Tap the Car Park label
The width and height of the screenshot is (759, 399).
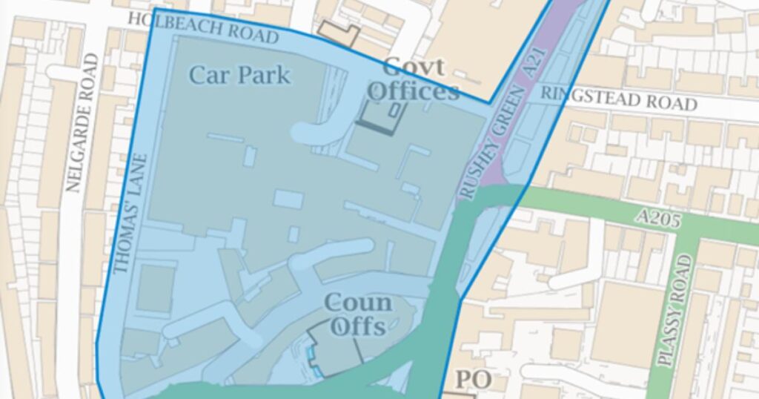(239, 75)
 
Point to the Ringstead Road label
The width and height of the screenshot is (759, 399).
(618, 98)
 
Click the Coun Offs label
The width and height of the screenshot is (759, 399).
(359, 314)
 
